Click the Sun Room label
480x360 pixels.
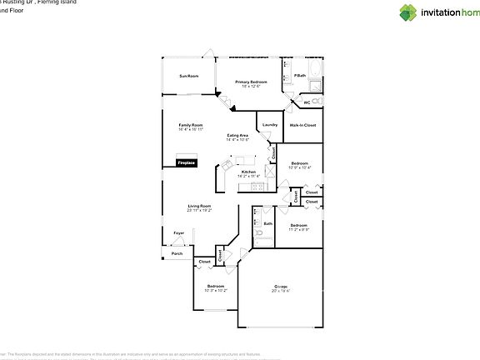[x=188, y=76]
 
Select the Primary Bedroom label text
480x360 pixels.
[x=251, y=82]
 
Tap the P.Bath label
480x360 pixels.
[x=300, y=76]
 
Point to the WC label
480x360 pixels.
[x=307, y=102]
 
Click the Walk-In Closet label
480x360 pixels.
[x=302, y=125]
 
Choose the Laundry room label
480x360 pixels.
[x=269, y=125]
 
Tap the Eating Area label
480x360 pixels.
[x=237, y=135]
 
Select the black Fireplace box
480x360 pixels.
[x=186, y=163]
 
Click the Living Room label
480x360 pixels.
[x=199, y=206]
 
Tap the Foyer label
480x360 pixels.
[x=178, y=232]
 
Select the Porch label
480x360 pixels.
[x=177, y=253]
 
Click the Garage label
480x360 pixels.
[x=280, y=286]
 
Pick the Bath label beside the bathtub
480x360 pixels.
[x=268, y=223]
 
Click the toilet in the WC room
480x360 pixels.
[x=292, y=102]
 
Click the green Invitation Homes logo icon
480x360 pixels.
[x=407, y=12]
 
